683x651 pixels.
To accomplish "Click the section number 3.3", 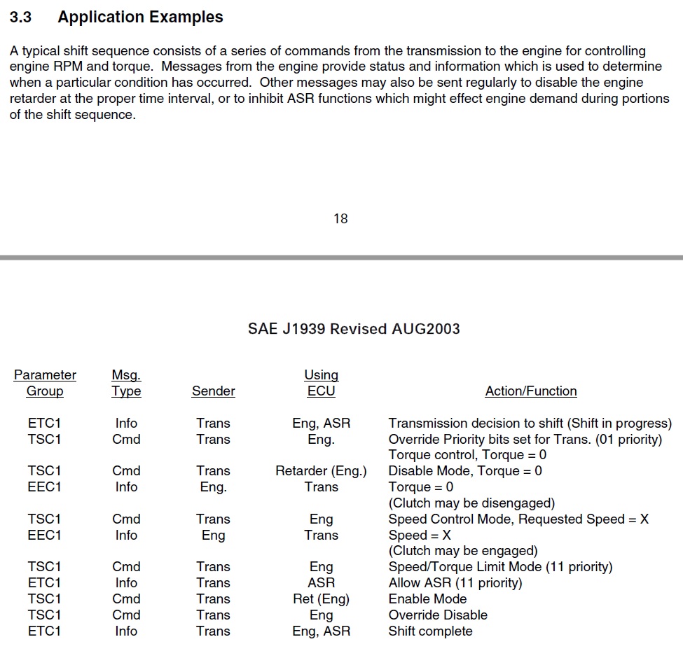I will coord(20,17).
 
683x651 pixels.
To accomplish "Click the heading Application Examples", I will coord(140,17).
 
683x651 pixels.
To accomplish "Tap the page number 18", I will coord(340,219).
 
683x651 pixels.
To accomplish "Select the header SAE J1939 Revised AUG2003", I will coord(354,329).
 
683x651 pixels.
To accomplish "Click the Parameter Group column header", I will coord(45,383).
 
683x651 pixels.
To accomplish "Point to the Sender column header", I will coord(213,391).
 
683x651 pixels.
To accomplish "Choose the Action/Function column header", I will coord(530,391).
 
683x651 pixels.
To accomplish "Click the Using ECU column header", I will coord(321,383).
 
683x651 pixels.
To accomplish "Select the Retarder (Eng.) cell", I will coord(321,471).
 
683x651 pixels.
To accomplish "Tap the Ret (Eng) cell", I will coord(321,599).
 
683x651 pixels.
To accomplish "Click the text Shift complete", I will coord(430,631).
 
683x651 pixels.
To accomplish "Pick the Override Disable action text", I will coord(438,615).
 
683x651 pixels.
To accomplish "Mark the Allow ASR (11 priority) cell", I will coord(455,583).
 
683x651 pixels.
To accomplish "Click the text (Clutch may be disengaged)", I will coord(471,503).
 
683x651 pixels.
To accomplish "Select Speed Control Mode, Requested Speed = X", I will coord(518,519).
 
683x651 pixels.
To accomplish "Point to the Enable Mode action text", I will coord(427,599).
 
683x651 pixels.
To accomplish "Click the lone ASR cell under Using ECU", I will coord(321,583).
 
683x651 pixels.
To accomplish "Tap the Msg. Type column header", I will coord(126,383).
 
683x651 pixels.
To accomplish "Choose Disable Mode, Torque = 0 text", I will coord(465,471).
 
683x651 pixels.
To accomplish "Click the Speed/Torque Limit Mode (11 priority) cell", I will coord(500,567).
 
